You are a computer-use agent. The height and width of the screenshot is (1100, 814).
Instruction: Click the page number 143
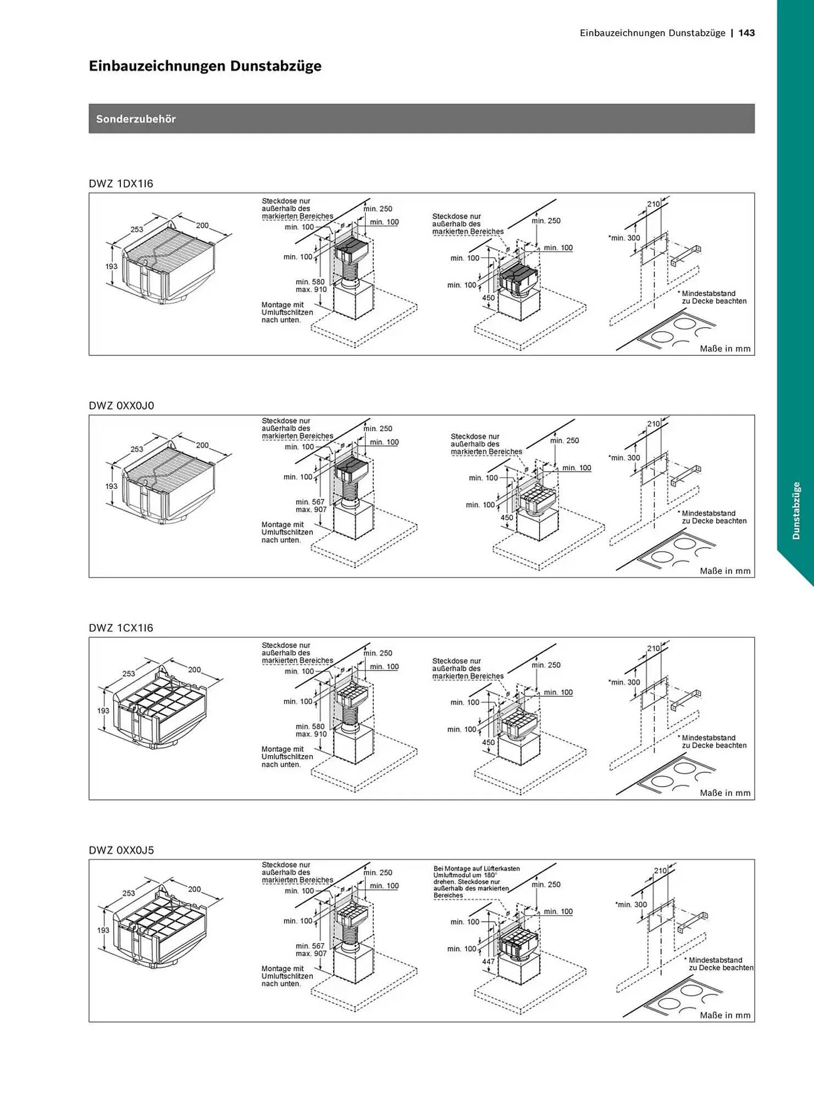[x=746, y=33]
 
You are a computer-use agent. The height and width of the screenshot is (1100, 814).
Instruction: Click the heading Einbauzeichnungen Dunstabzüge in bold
[x=205, y=66]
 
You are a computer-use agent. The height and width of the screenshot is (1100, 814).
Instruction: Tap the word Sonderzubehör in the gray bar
[x=136, y=119]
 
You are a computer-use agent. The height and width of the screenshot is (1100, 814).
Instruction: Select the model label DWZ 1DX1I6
[x=121, y=184]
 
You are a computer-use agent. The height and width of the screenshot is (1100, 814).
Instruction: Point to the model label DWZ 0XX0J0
[x=121, y=406]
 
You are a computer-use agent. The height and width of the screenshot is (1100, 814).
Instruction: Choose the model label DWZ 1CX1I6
[x=121, y=628]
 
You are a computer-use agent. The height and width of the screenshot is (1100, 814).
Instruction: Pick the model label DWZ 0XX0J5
[x=121, y=850]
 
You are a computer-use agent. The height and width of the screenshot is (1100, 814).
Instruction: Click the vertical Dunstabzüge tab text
[x=796, y=510]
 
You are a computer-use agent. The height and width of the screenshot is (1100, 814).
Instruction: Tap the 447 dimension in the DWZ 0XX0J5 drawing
[x=488, y=961]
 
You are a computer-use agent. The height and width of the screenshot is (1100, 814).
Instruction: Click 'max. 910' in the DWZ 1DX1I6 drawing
[x=311, y=289]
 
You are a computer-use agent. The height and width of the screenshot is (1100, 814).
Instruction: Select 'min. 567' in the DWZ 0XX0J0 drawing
[x=310, y=502]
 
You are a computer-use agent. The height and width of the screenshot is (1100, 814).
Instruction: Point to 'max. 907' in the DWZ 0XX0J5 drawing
[x=311, y=953]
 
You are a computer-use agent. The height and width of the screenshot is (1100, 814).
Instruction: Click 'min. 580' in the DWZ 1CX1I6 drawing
[x=310, y=727]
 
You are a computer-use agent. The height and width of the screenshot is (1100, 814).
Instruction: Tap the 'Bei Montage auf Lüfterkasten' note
[x=477, y=868]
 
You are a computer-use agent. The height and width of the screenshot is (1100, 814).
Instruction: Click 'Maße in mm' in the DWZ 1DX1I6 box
[x=725, y=349]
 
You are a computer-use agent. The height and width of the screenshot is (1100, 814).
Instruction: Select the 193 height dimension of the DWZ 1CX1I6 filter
[x=103, y=711]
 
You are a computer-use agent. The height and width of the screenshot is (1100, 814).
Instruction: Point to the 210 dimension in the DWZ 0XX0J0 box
[x=654, y=424]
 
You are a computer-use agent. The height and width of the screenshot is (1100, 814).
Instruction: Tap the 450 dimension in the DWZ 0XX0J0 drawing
[x=507, y=518]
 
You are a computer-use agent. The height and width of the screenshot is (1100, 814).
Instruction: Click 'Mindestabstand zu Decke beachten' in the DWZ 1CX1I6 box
[x=712, y=741]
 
